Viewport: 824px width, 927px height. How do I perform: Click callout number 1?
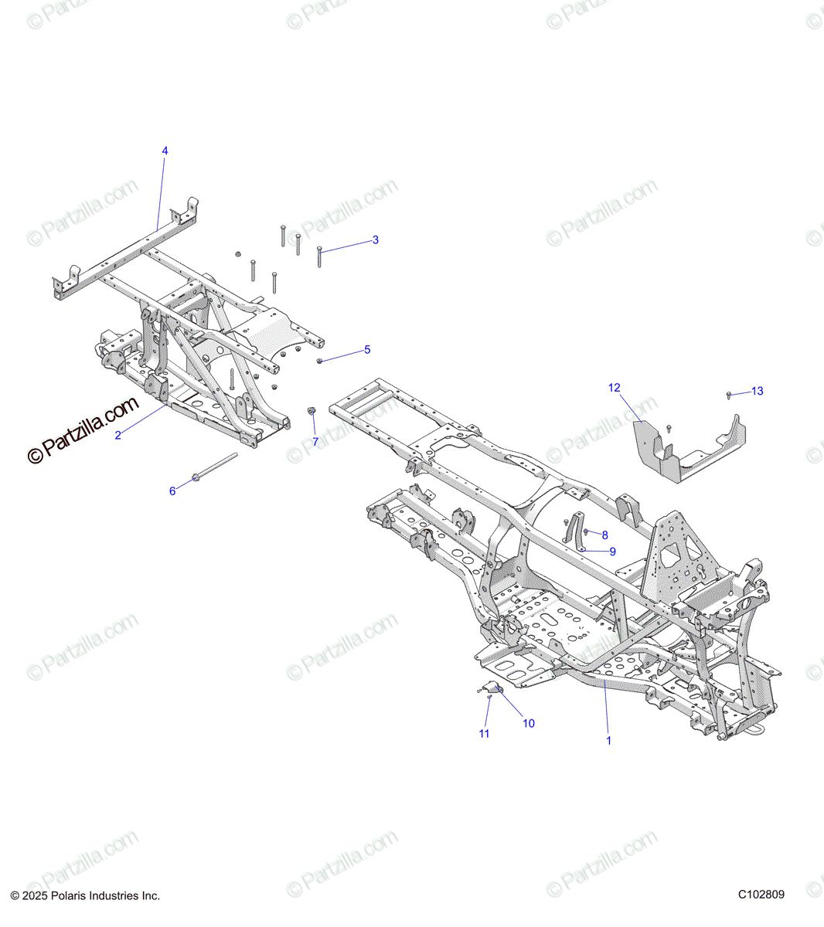[608, 740]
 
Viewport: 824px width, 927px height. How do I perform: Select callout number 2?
[117, 436]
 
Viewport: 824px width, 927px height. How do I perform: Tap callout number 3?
[376, 240]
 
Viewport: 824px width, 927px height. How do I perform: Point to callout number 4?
[164, 151]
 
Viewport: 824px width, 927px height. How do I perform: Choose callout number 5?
[367, 350]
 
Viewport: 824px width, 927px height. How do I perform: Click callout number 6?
[172, 491]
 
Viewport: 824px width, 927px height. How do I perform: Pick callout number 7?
[315, 442]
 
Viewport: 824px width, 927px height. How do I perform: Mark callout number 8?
[604, 535]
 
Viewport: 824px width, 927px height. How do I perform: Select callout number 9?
[612, 552]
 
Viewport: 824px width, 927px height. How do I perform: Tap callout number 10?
[529, 724]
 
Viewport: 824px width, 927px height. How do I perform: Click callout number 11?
[484, 734]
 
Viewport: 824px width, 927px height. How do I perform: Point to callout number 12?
[615, 388]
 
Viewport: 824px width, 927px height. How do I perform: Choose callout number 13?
[758, 392]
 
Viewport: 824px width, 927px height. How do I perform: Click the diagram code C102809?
[761, 895]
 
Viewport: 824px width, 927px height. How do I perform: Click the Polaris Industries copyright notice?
[85, 896]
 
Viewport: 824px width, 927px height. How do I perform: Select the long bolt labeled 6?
[214, 468]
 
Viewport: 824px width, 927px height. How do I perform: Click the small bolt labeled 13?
[730, 396]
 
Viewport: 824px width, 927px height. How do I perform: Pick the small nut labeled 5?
[320, 361]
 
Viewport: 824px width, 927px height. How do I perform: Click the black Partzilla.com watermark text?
[83, 430]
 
